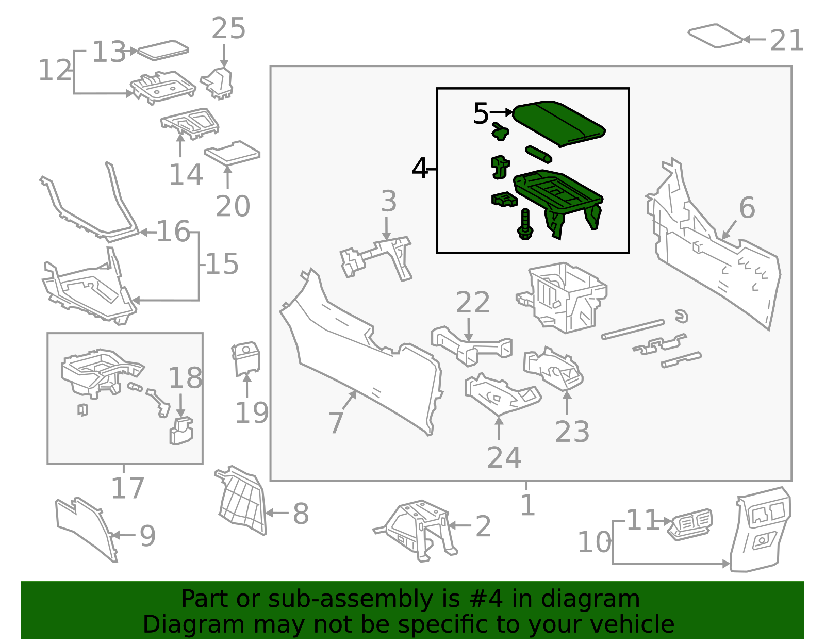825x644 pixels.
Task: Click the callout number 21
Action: tap(787, 40)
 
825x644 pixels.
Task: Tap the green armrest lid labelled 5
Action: tap(559, 123)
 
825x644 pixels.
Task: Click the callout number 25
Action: tap(228, 28)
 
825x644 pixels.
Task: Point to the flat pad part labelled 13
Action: tap(163, 50)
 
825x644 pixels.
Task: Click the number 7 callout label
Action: tap(336, 422)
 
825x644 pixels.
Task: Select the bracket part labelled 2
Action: tap(418, 529)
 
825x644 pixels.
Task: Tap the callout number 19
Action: tap(252, 412)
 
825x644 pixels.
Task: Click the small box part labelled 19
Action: tap(246, 358)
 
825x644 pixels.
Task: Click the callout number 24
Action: tap(504, 457)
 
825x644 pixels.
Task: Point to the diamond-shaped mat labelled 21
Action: tap(716, 36)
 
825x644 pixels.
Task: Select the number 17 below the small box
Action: tap(127, 488)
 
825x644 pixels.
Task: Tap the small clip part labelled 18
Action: tap(181, 431)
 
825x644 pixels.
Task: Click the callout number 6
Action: tap(747, 208)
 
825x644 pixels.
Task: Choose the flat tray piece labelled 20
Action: tap(232, 153)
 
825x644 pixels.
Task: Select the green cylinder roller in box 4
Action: tap(538, 154)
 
